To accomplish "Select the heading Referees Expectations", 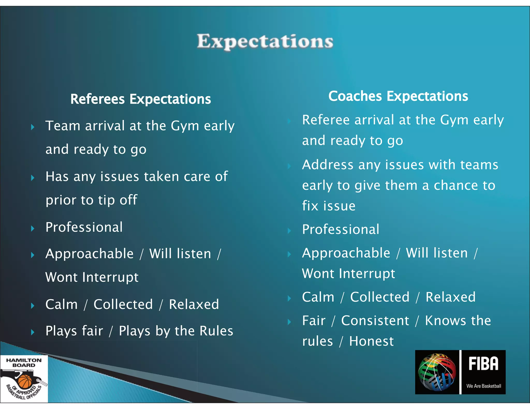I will [141, 99].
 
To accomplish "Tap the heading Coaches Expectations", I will [398, 96].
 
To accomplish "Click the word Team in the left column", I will [63, 126].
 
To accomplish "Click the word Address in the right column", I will [328, 165].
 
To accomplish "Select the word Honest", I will [371, 341].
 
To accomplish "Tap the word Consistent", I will [375, 321].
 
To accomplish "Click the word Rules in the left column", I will [216, 331].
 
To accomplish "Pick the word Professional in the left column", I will [84, 227].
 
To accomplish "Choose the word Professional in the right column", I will [341, 229].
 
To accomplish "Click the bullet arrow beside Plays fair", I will [33, 332].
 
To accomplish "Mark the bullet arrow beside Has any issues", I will [33, 178].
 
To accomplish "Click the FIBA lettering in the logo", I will [483, 364].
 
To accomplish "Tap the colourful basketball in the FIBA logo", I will [437, 373].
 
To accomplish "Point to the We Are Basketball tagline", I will [483, 386].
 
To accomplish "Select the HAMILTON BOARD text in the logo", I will [24, 363].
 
